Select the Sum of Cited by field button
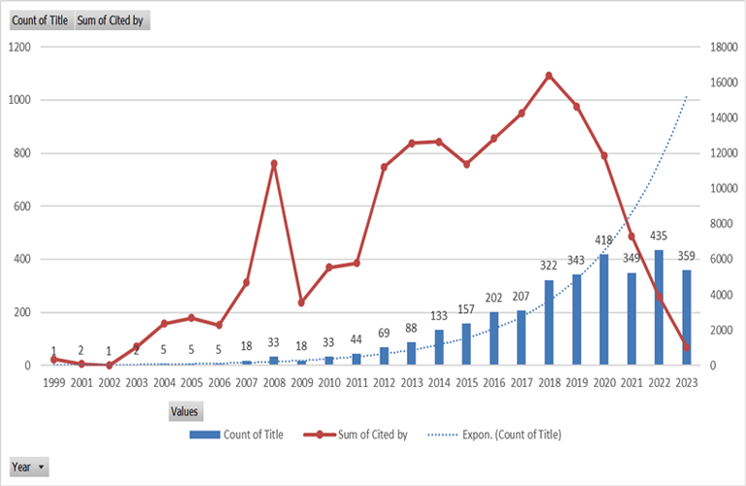point(112,20)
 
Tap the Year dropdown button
point(28,468)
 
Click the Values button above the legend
point(185,411)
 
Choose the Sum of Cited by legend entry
point(367,434)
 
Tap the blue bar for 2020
point(604,310)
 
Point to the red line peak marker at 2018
point(549,75)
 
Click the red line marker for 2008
point(274,163)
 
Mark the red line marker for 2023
point(686,347)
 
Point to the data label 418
point(604,240)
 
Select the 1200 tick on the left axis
point(18,47)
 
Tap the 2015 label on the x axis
point(466,383)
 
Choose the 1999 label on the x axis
point(53,383)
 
